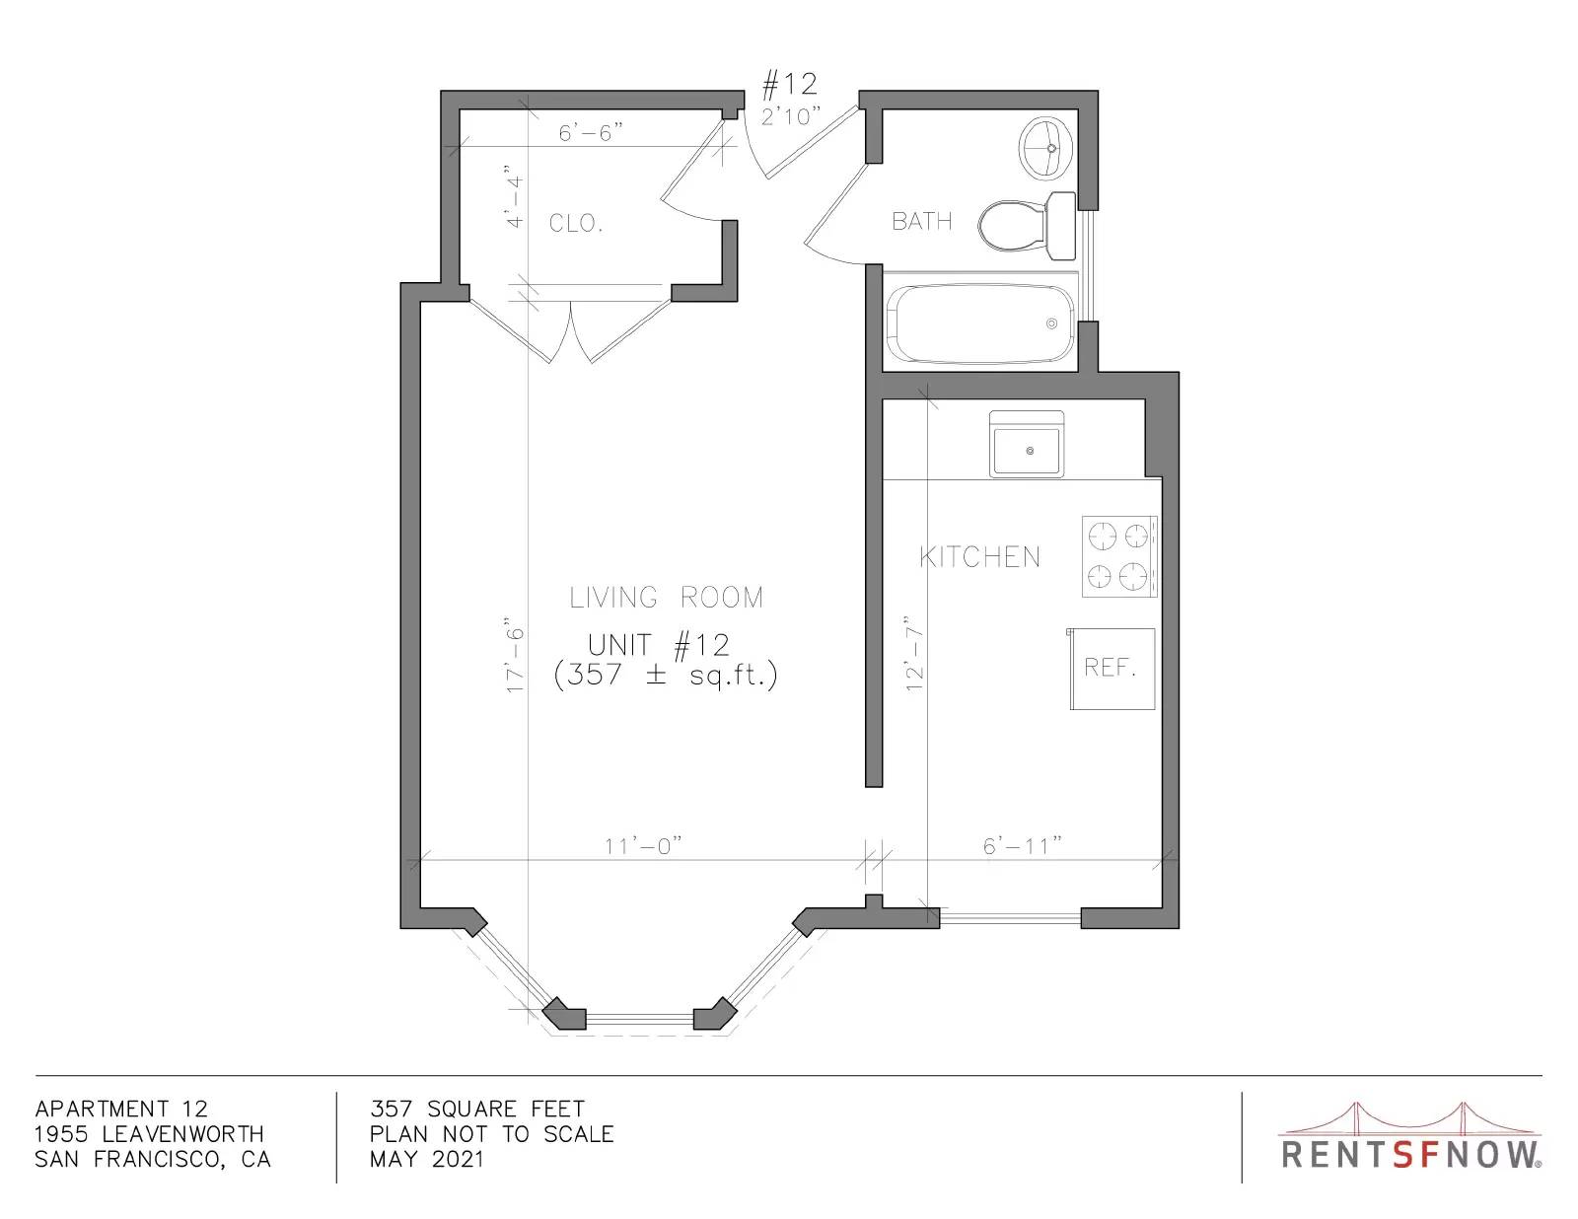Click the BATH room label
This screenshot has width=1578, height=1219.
coord(921,221)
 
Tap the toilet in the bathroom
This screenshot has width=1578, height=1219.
coord(1027,226)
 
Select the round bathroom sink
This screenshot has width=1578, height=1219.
coord(1046,148)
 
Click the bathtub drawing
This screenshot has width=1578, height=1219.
coord(980,323)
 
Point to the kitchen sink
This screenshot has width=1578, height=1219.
coord(1026,445)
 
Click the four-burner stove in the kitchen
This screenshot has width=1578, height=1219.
coord(1119,557)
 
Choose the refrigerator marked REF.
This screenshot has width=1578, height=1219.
coord(1112,669)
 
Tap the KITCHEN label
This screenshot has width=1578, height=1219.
coord(979,557)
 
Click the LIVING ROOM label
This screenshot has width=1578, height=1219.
coord(666,598)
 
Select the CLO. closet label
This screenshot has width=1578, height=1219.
coord(576,223)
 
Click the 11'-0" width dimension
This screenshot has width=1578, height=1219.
coord(643,846)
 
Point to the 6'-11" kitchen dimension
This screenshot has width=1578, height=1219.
coord(1022,846)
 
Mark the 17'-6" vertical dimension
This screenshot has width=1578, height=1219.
coord(514,656)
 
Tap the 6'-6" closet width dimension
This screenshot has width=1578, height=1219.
coord(591,133)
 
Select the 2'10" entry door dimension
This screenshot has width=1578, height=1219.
coord(791,115)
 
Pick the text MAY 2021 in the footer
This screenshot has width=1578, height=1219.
coord(426,1159)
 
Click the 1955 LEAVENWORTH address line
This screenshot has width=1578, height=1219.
coord(149,1134)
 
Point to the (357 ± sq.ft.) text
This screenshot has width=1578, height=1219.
coord(665,676)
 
